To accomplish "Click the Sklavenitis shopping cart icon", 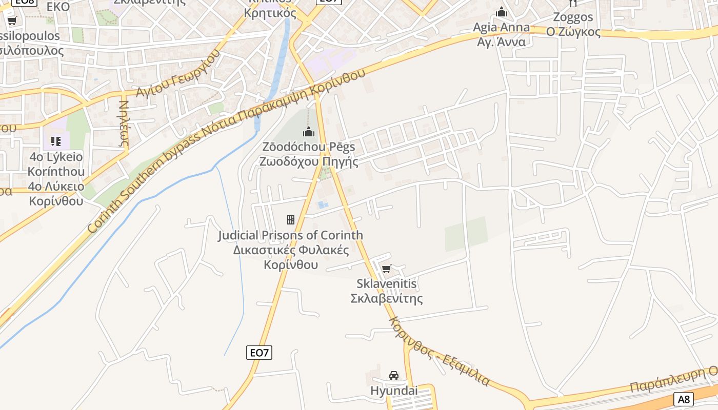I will (x=387, y=269).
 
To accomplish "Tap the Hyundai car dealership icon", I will (x=394, y=376).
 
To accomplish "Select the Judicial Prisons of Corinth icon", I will (x=291, y=220).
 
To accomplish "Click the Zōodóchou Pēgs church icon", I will (x=309, y=132).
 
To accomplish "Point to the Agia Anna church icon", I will (x=502, y=12).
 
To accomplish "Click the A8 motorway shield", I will (x=684, y=399).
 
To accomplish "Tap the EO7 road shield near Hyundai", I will (x=260, y=353).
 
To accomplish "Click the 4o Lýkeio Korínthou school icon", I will (x=56, y=141).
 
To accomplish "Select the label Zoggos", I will (x=573, y=17).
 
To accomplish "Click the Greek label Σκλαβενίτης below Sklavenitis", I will (x=387, y=298).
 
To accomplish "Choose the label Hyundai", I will (x=394, y=391).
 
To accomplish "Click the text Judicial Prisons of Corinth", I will (x=291, y=235).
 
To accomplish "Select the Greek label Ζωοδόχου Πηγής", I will (x=309, y=161).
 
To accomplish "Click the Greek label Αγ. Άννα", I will (x=501, y=42).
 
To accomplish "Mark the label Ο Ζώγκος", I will (x=573, y=32).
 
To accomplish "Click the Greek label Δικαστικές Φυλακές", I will (x=291, y=250).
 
